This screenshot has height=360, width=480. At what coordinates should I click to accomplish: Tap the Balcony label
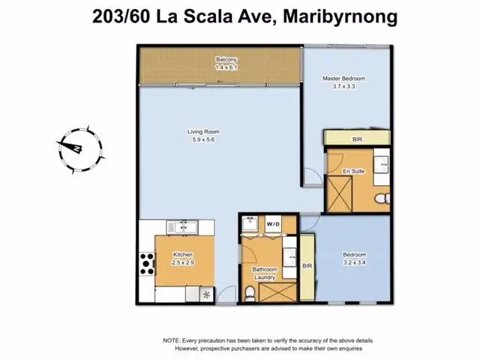227,59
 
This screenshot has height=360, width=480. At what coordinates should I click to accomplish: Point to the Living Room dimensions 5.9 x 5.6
198,139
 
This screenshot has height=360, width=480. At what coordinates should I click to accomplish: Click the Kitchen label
184,254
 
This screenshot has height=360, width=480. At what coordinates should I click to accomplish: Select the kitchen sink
179,226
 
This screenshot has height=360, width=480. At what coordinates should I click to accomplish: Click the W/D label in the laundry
273,224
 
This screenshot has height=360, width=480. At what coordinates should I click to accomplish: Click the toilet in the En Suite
380,199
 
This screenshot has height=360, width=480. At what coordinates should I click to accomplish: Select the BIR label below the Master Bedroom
357,139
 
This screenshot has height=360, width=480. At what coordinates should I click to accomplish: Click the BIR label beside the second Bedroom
307,266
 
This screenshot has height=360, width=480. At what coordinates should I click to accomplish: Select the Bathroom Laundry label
265,274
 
